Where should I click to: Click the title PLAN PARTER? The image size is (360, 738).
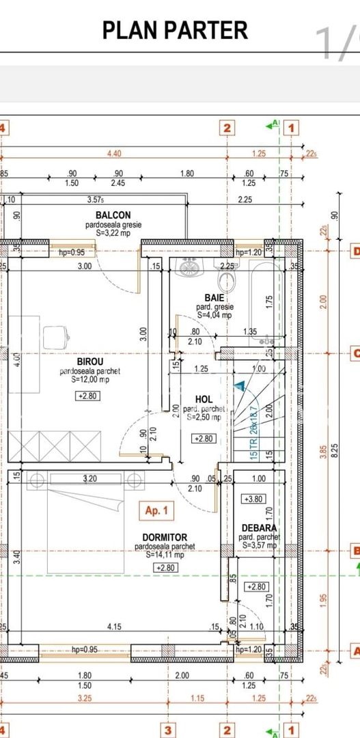pyautogui.click(x=175, y=31)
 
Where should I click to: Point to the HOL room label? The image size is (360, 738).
pyautogui.click(x=203, y=399)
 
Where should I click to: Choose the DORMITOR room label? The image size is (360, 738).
pyautogui.click(x=165, y=538)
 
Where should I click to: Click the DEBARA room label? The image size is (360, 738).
pyautogui.click(x=259, y=528)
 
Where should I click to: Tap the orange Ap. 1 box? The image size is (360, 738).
pyautogui.click(x=156, y=510)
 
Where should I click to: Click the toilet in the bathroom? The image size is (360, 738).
pyautogui.click(x=225, y=279)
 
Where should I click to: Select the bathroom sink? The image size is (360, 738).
pyautogui.click(x=188, y=267)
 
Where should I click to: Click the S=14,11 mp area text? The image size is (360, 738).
pyautogui.click(x=165, y=556)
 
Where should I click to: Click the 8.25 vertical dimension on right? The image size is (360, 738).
pyautogui.click(x=333, y=451)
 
